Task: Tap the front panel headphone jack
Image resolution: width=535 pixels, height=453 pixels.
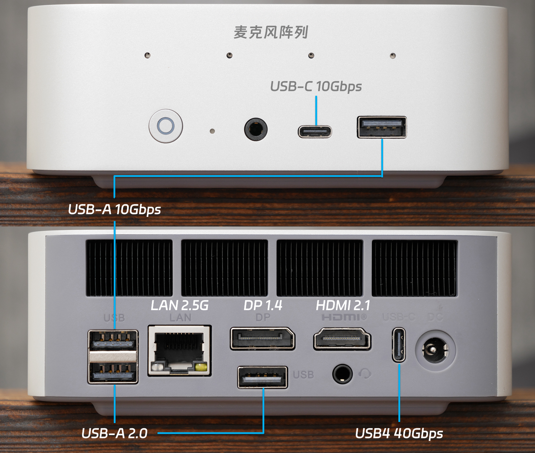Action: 256,129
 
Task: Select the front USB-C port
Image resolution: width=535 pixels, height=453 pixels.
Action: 315,132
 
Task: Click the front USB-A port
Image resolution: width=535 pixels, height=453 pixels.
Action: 382,127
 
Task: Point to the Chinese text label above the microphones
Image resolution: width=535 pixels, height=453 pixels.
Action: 271,32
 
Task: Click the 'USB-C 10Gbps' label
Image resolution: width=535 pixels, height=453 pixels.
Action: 316,86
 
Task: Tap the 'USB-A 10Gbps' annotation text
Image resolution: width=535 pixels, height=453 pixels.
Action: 114,209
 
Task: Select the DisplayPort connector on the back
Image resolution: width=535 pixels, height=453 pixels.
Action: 263,339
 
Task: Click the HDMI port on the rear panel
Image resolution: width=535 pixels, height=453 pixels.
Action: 342,339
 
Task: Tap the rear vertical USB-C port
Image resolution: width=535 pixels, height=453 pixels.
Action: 399,345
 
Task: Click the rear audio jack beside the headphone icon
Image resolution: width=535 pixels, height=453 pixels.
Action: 342,374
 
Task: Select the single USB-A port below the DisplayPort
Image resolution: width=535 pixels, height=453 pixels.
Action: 263,377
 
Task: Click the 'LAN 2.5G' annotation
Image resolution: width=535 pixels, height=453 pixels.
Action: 179,305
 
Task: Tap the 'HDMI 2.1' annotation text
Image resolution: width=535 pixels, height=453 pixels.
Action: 343,305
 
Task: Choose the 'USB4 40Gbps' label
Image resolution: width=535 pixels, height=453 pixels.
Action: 399,433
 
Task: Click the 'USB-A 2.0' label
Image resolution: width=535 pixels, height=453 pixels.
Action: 114,433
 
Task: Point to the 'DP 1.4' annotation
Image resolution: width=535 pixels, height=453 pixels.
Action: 263,305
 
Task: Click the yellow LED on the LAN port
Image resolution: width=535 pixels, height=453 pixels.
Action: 201,367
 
